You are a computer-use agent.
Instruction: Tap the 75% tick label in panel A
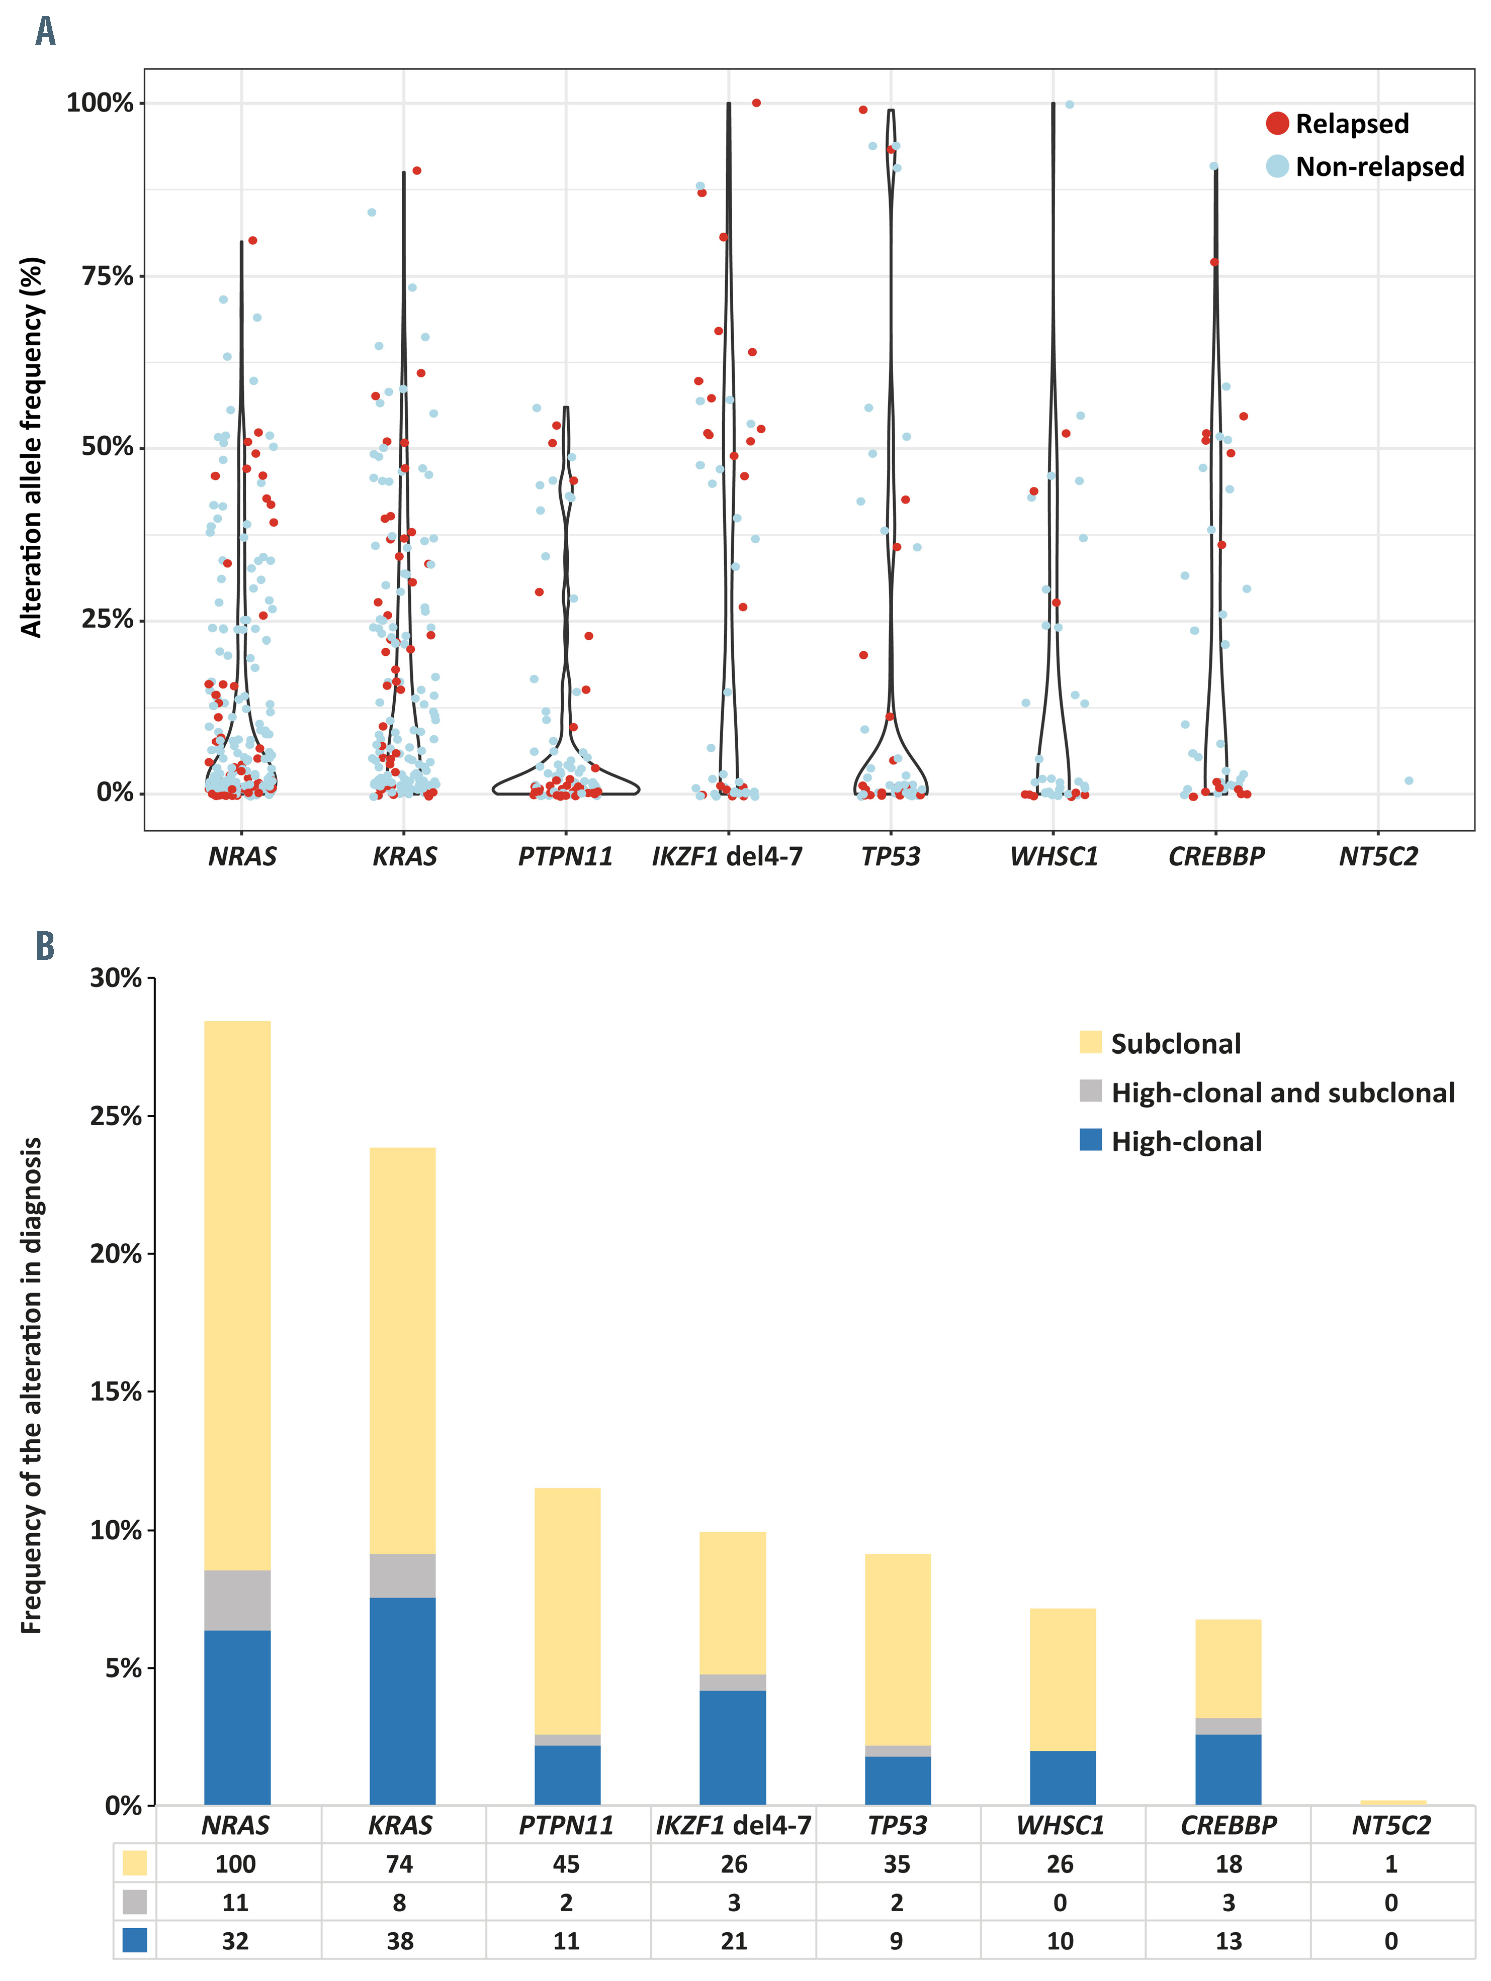pos(108,276)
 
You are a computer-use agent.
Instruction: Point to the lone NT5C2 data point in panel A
pos(1409,781)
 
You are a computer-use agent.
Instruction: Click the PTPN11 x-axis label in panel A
pos(565,857)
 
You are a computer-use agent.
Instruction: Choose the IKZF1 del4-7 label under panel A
pos(727,857)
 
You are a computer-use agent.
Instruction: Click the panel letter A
pos(45,31)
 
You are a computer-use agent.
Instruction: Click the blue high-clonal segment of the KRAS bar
pos(402,1702)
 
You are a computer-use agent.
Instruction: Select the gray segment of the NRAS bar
pos(237,1601)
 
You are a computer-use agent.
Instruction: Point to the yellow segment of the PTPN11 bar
pos(567,1612)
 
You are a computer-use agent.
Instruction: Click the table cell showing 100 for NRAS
pos(236,1864)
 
